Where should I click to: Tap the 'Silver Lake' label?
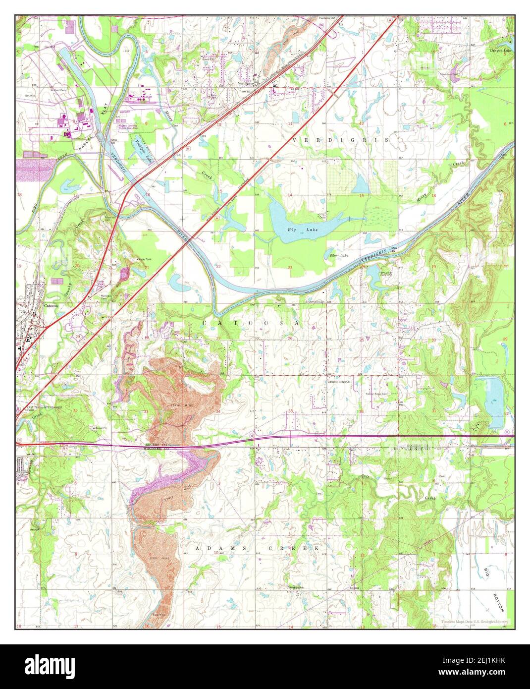tap(339, 255)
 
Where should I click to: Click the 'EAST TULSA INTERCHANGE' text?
tap(44, 407)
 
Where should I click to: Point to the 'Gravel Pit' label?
tap(101, 427)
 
